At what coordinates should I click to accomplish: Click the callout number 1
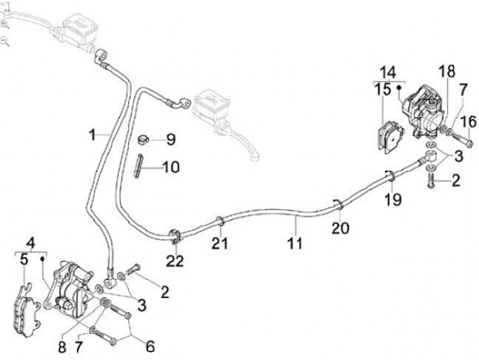93,136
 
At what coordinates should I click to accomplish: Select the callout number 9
171,140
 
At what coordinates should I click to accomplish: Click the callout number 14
388,72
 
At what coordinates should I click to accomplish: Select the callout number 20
340,228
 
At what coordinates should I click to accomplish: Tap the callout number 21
220,244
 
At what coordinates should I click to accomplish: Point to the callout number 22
174,262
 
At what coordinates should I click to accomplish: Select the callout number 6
150,346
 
